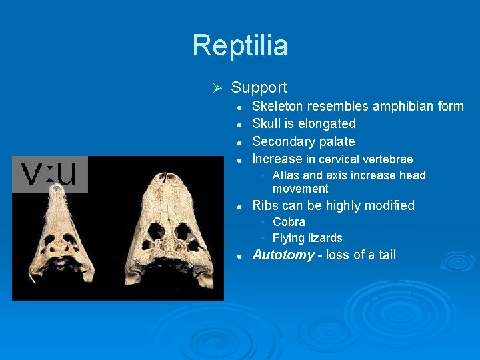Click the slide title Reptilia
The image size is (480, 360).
[240, 45]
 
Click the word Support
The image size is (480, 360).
[259, 87]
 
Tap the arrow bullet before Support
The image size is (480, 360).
[215, 88]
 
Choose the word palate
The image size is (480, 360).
[337, 142]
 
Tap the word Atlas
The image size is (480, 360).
[286, 175]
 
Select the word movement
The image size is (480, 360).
[300, 189]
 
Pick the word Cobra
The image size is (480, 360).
[289, 222]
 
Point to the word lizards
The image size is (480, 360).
[325, 238]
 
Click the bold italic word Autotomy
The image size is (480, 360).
[283, 255]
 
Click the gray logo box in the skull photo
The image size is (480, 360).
[50, 175]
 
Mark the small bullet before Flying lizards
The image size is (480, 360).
[264, 238]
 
